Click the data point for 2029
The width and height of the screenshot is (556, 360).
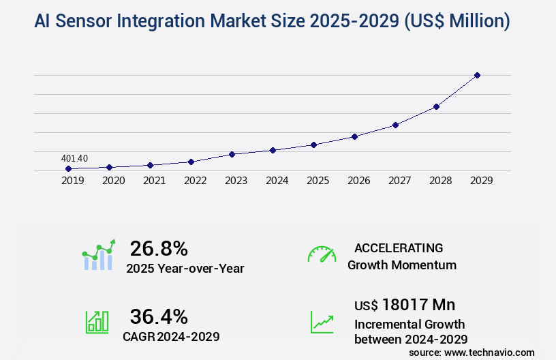[x=477, y=75]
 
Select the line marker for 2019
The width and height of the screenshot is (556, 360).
[x=68, y=168]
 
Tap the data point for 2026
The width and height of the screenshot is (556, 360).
[x=354, y=136]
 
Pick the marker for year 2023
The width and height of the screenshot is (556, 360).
[x=232, y=154]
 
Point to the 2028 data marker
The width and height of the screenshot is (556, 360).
[x=436, y=106]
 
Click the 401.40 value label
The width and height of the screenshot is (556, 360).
[x=74, y=158]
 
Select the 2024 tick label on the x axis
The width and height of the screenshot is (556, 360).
[x=277, y=181]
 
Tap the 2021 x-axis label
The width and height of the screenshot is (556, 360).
[x=154, y=181]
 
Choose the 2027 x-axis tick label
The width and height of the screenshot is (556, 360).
[x=399, y=181]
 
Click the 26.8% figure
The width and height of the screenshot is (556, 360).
[x=159, y=248]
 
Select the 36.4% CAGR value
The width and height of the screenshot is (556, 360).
[x=159, y=316]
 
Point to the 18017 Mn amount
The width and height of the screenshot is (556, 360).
[x=418, y=304]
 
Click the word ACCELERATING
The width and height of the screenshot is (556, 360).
[x=399, y=248]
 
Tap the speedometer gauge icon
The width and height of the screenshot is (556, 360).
[x=322, y=254]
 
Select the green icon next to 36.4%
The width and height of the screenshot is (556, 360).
[x=97, y=322]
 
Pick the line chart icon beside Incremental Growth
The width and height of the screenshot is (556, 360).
[x=322, y=322]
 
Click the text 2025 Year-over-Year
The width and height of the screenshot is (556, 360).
[x=185, y=268]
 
